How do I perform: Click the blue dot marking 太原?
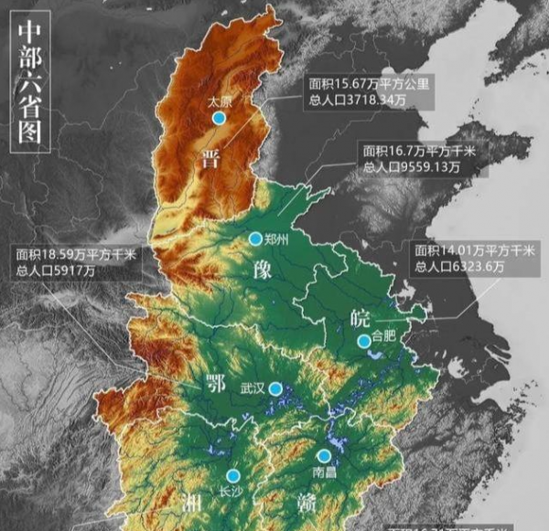click(219, 118)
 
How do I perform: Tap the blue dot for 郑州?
click(255, 238)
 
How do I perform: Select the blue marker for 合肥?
click(363, 341)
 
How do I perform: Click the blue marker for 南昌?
click(324, 455)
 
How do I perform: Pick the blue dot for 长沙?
click(233, 475)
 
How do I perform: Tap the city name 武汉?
click(252, 388)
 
